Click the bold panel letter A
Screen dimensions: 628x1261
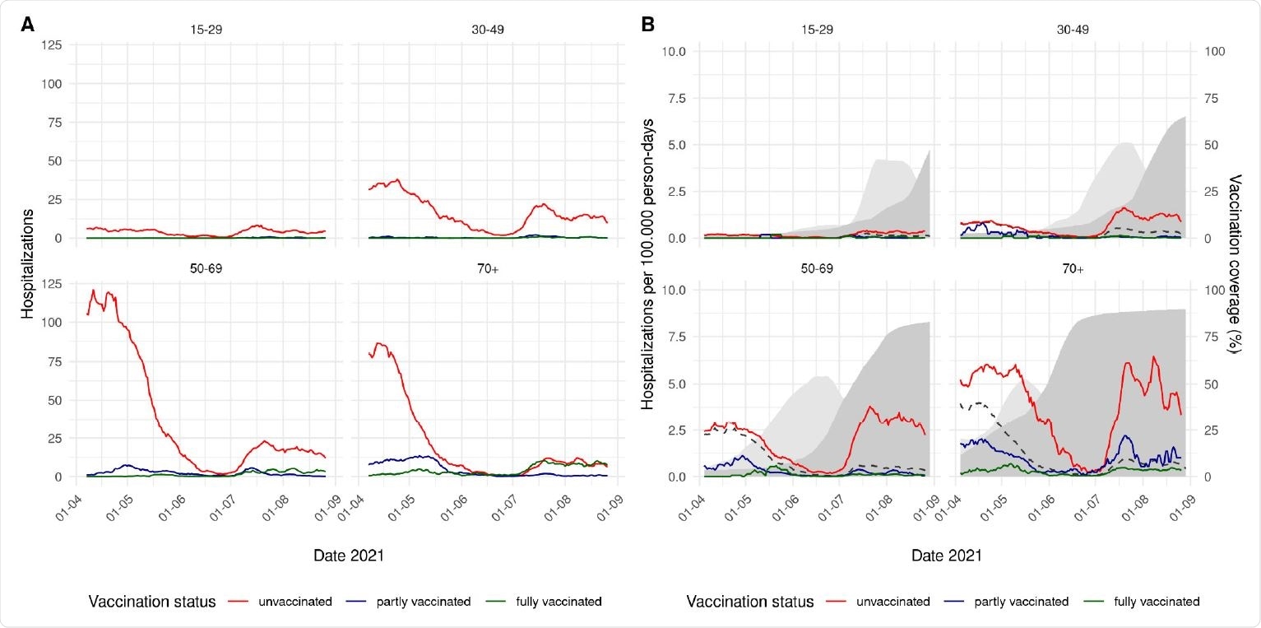click(27, 26)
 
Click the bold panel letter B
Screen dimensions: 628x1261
click(647, 26)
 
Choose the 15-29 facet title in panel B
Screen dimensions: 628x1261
click(800, 30)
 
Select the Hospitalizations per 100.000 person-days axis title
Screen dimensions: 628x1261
click(647, 263)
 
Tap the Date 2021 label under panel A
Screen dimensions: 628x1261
click(349, 556)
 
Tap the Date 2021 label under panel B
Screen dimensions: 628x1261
click(946, 556)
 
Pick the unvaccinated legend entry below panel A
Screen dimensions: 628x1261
click(280, 602)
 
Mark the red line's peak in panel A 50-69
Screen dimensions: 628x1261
click(93, 290)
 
